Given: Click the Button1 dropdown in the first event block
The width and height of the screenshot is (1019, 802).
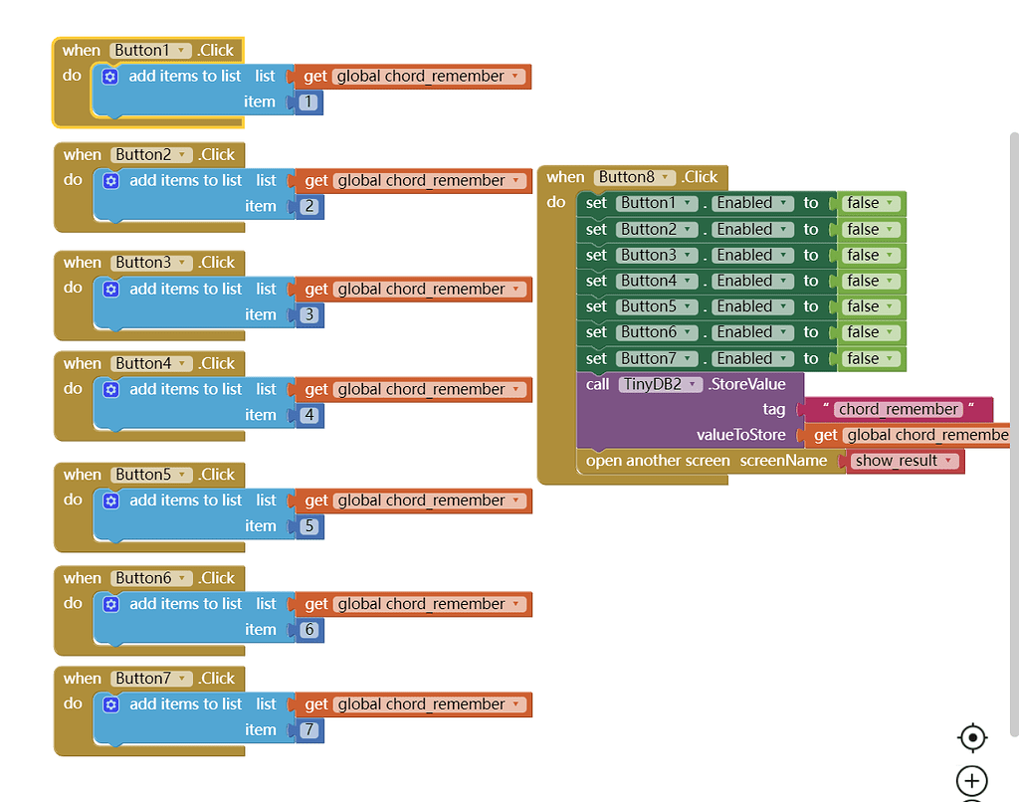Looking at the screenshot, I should coord(150,51).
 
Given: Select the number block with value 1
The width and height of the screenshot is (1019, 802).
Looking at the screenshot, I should coord(308,102).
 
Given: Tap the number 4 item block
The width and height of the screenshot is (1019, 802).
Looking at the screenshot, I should coord(309,415).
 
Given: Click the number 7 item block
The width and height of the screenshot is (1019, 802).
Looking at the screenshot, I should coord(309,730).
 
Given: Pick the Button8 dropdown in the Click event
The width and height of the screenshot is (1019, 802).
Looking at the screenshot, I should coord(635,177).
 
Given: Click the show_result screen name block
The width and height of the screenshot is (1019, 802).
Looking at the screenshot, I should coord(905,461).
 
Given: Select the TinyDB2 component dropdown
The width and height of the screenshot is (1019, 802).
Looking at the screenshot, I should coord(661,384).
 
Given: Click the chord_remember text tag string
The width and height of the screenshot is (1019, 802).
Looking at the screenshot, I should coord(898,409).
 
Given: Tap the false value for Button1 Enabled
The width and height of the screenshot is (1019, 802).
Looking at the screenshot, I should coord(871,203).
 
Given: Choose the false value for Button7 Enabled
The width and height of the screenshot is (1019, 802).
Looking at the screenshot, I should coord(871,358).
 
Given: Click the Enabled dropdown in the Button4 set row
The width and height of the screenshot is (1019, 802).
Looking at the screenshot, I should coord(751,281).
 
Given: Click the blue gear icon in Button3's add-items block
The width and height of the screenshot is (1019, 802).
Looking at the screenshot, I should coord(111,290).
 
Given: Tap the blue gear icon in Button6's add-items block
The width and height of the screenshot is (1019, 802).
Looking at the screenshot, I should coord(111,604).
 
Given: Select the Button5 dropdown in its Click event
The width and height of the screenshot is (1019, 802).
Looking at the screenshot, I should coord(151,475).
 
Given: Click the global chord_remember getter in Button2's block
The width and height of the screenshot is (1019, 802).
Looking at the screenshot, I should coord(429,181).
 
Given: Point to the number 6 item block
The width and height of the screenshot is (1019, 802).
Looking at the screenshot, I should coord(309,630).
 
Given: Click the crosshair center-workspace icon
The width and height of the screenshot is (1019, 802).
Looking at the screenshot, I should coord(971,737).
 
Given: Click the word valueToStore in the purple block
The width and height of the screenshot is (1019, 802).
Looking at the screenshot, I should coord(740,435).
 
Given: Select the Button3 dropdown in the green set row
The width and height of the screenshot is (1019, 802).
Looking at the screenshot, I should coord(656,255).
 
